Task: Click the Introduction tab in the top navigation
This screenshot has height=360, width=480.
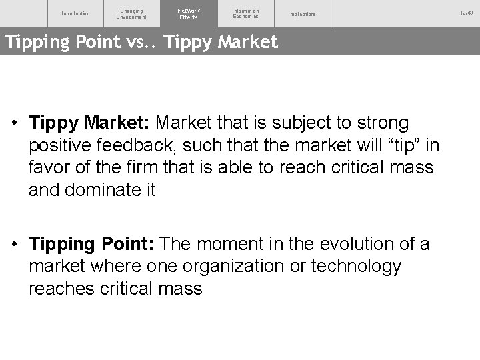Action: [75, 14]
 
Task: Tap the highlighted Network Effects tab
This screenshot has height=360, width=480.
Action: [189, 13]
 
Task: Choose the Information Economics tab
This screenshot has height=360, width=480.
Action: [245, 13]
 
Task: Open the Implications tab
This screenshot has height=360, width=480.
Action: [302, 14]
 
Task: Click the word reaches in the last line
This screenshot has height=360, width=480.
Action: [62, 289]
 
